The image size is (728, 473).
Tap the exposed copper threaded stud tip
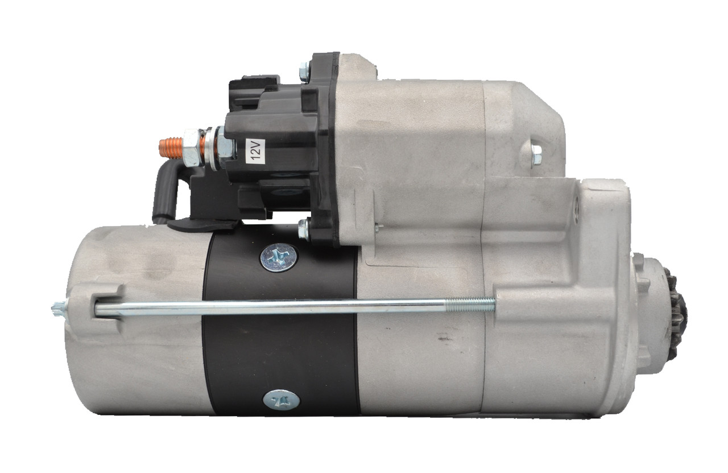(168, 146)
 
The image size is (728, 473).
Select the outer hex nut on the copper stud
(192, 147)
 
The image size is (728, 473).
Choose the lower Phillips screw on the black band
(280, 400)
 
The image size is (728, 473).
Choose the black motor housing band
(282, 330)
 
